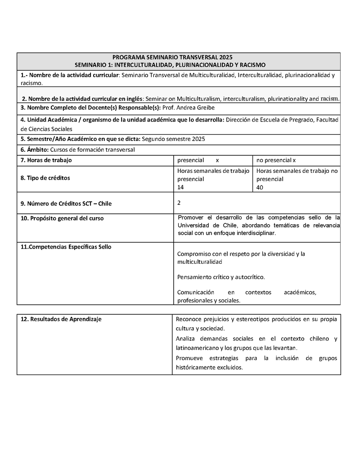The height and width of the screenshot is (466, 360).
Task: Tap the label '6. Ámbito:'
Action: point(35,149)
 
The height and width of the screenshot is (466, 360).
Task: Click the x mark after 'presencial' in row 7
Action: point(217,160)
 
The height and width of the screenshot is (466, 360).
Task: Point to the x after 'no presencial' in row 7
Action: point(294,160)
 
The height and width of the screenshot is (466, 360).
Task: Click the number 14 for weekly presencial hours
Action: point(180,187)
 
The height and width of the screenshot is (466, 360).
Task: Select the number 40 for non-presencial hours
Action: point(260,187)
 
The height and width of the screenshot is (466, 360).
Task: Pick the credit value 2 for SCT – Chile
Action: point(179,203)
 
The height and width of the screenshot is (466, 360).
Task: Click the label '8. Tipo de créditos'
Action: point(45,178)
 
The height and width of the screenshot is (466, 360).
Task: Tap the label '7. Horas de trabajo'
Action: point(46,160)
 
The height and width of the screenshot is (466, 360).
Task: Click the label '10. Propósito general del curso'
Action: point(62,218)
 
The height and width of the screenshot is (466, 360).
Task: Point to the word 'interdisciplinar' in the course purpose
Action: point(253,233)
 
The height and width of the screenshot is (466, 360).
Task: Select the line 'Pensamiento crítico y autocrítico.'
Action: point(221,277)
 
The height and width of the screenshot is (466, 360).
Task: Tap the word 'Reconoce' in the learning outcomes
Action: point(189,319)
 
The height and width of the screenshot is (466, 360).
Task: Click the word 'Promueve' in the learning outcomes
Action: point(189,358)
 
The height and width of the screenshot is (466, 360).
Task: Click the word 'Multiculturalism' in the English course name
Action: point(198,99)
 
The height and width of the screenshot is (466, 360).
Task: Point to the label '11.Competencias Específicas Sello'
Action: point(66,247)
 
